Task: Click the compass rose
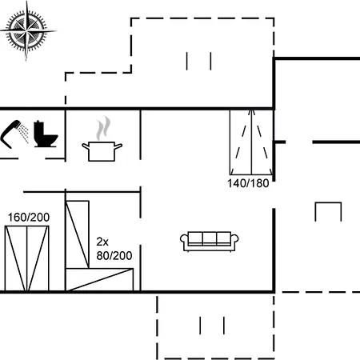pos(26,31)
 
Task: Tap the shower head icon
pos(10,134)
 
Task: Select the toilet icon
pos(46,134)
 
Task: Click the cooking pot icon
pos(102,151)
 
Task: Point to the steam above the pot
pos(103,129)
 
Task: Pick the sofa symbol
pos(210,242)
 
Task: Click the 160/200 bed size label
pos(29,218)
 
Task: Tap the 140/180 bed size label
pos(248,183)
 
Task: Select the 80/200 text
pos(114,256)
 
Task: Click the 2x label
pos(102,242)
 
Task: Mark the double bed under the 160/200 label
pos(26,258)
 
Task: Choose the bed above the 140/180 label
pos(251,142)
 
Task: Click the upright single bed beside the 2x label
pos(78,234)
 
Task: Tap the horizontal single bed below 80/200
pos(99,279)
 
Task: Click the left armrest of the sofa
pos(184,239)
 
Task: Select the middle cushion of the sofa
pos(210,238)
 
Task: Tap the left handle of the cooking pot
pos(86,146)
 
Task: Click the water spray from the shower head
pos(25,133)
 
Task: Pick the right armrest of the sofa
pos(234,239)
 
